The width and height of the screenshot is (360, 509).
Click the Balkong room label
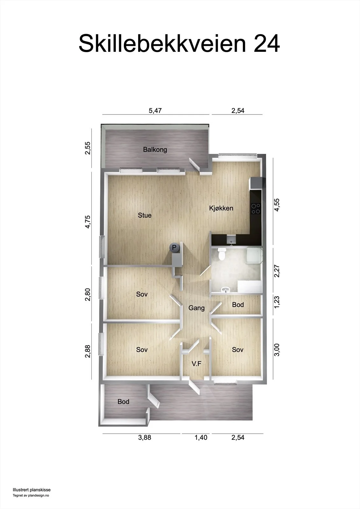tap(155, 150)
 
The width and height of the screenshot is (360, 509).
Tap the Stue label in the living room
tap(145, 215)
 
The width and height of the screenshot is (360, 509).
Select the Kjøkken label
tap(221, 208)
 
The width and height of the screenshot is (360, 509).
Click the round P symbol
tap(174, 247)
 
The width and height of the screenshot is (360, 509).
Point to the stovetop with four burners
tap(256, 209)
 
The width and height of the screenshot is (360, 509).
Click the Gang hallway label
tap(196, 308)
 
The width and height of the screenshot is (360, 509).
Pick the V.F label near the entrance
tap(196, 364)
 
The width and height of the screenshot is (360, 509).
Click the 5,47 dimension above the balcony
tap(155, 111)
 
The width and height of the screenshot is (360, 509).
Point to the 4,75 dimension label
tap(88, 222)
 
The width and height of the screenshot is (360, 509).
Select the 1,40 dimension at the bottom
tap(201, 437)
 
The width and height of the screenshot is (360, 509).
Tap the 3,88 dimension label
tap(145, 437)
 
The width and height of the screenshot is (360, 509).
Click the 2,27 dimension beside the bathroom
tap(277, 271)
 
